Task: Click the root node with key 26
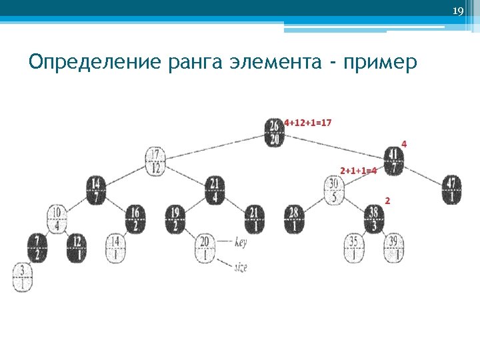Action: tap(275, 132)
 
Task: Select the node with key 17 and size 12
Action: tap(155, 161)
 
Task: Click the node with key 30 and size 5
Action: tap(335, 190)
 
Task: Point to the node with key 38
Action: tap(374, 219)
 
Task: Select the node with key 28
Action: tap(295, 219)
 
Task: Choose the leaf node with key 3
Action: tap(23, 277)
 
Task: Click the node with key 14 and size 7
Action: tap(96, 191)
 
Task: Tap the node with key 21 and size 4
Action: tap(215, 190)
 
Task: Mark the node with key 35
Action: tap(354, 248)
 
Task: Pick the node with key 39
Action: tap(394, 248)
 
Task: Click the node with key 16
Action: tap(135, 219)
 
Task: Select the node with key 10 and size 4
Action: tap(57, 219)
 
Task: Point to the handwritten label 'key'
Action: tap(241, 243)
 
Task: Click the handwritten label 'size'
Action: tap(241, 267)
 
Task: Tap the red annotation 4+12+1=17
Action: tap(308, 123)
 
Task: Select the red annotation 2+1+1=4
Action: tap(359, 171)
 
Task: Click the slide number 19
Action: tap(457, 11)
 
